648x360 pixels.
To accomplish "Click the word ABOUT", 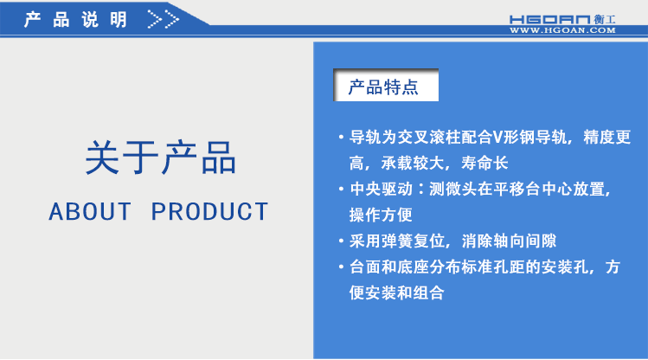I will point(91,211).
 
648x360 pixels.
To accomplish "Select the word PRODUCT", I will point(210,211).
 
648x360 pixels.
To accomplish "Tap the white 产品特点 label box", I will point(383,87).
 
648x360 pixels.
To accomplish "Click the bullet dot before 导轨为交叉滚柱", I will point(341,138).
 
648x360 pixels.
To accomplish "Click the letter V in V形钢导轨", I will point(497,137).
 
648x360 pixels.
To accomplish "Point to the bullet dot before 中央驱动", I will point(341,189).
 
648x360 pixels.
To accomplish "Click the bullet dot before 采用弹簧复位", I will point(341,241).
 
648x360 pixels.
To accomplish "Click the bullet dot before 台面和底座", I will point(341,267).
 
